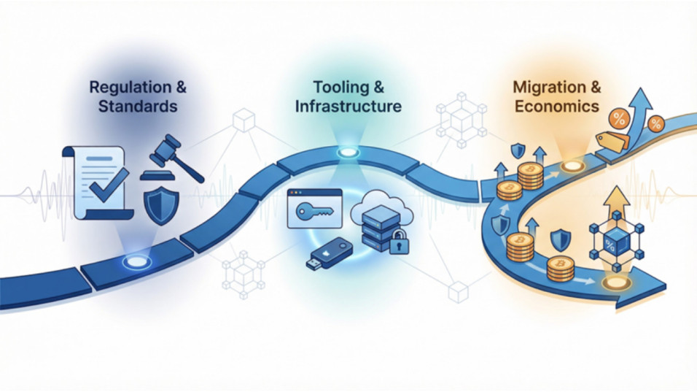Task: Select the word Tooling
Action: pos(339,88)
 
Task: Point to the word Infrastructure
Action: pos(348,107)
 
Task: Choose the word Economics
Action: pos(557,107)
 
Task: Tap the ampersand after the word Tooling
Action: pos(378,88)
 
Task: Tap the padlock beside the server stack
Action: pos(398,243)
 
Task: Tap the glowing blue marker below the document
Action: pos(135,261)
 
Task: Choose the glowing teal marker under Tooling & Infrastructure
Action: pos(348,153)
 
